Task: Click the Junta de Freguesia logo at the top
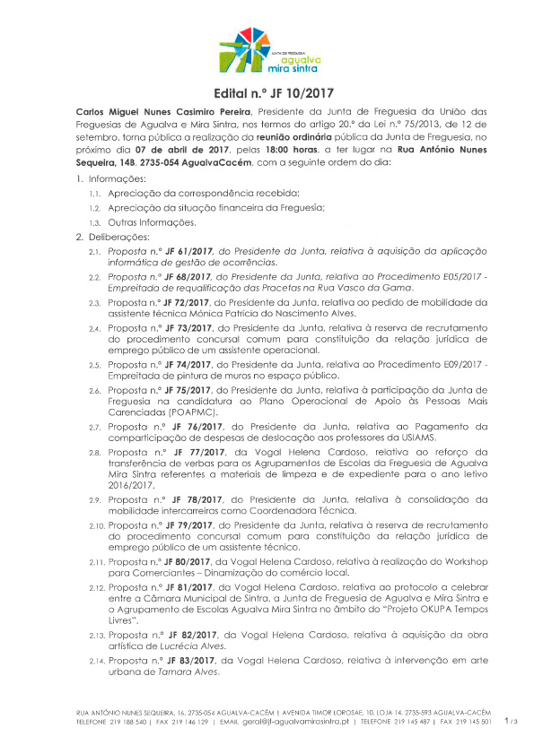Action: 267,51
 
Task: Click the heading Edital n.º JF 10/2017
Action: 267,93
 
